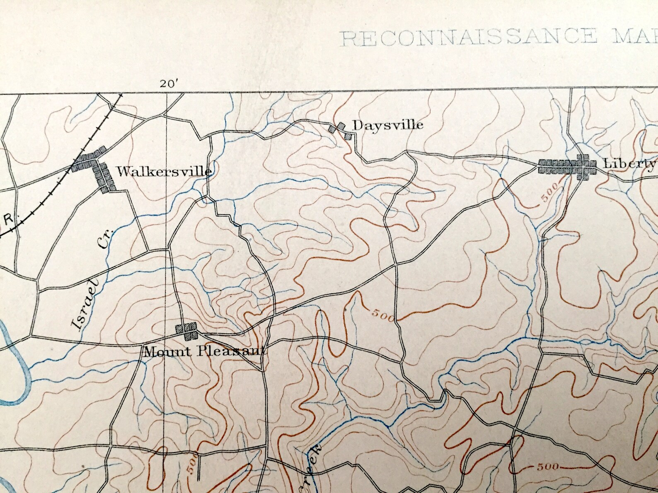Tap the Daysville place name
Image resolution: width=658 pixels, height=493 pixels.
(388, 125)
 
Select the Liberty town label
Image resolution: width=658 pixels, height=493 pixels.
(629, 163)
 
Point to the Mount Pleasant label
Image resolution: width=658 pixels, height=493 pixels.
(204, 352)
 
